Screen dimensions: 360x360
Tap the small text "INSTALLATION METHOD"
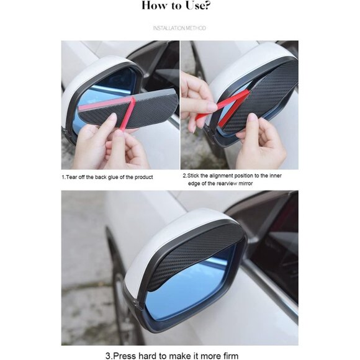click(x=179, y=28)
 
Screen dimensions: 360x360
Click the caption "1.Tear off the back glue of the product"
click(x=107, y=177)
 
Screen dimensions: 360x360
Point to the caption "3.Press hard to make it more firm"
click(x=180, y=356)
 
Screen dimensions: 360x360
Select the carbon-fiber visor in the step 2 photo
click(x=267, y=93)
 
